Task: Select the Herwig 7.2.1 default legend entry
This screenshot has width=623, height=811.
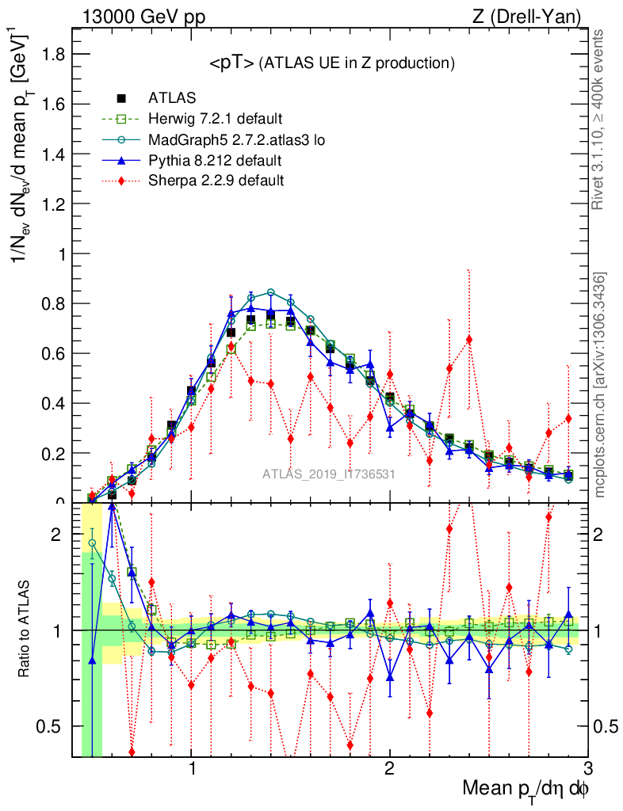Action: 215,120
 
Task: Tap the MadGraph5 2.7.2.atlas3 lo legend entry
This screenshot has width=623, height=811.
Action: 237,140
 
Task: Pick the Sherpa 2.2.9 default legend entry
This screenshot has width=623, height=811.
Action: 216,181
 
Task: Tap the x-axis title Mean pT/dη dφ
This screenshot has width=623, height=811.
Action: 526,790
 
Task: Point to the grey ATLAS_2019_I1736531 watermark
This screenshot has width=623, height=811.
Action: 329,474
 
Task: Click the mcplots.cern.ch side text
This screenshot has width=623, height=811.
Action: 600,385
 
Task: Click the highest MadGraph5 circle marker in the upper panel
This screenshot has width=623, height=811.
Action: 271,292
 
